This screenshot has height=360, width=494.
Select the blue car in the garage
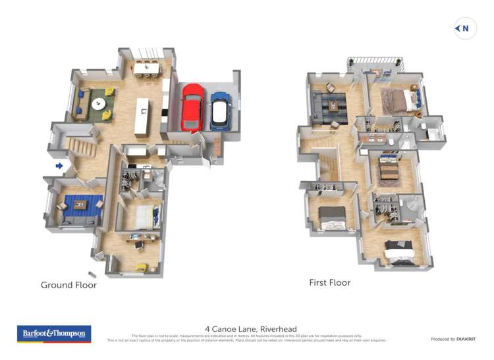[220, 111]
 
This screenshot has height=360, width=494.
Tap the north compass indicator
[465, 28]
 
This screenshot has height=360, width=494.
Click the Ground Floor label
[69, 285]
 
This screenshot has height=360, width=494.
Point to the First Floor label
[330, 282]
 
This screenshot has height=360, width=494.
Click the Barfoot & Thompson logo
[54, 334]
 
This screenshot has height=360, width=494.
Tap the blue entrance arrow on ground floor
[59, 166]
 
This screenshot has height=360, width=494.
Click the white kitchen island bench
[142, 116]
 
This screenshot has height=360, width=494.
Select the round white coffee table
[98, 103]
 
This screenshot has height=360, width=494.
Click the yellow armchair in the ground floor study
[141, 267]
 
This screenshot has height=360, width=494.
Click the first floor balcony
[375, 64]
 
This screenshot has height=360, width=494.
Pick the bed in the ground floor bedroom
[144, 217]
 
